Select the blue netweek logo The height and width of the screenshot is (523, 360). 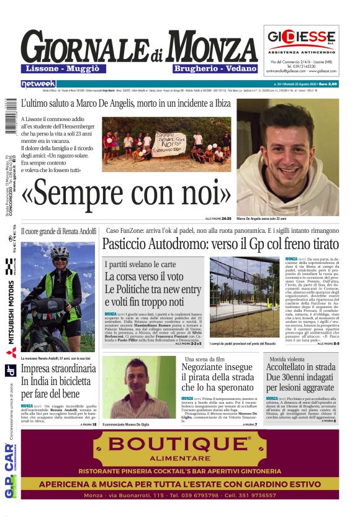click(x=38, y=84)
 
